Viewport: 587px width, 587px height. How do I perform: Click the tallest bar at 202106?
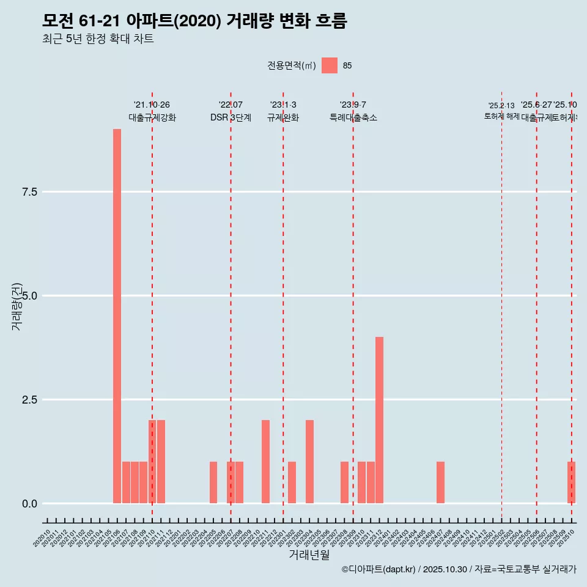point(117,316)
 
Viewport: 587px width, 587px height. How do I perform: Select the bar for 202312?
point(379,420)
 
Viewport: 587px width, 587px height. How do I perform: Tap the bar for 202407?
point(440,482)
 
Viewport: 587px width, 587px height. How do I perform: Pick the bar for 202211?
point(265,462)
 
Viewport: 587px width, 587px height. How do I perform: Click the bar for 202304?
point(309,462)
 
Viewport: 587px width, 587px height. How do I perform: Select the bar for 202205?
point(213,482)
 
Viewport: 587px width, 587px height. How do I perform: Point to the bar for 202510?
point(571,482)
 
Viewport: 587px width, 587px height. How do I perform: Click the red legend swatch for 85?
point(330,65)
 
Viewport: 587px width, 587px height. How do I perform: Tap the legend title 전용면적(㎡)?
point(291,66)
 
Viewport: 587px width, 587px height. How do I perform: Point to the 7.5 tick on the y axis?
point(30,192)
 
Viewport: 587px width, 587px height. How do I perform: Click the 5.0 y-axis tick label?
point(30,296)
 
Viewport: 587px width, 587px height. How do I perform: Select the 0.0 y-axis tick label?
point(30,504)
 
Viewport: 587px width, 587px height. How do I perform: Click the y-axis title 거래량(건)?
point(17,306)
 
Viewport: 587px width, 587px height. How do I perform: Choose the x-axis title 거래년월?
point(309,555)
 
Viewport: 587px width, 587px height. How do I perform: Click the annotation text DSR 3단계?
point(231,118)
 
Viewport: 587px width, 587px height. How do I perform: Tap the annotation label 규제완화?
point(283,118)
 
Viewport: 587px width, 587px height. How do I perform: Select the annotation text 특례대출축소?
point(353,118)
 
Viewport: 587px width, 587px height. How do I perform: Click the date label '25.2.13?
point(501,106)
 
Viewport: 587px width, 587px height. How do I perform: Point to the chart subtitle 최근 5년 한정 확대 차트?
point(98,39)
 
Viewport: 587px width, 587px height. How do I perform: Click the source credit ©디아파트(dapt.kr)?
point(379,569)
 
